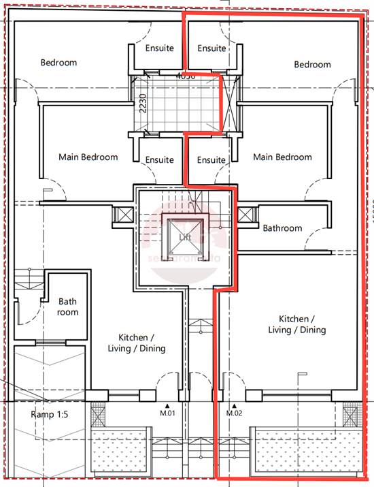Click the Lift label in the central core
(x=184, y=237)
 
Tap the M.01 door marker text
(x=168, y=413)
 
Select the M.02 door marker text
(x=235, y=413)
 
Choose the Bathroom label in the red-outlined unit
(x=282, y=228)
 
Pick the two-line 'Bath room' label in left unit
(x=68, y=307)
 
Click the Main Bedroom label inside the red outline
(x=282, y=157)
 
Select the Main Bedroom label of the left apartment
(x=88, y=157)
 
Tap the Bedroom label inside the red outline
(x=312, y=65)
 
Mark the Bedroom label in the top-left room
(x=58, y=63)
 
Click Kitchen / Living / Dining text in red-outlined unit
(x=302, y=324)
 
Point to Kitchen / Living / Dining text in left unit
(x=141, y=343)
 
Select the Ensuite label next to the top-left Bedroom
(x=159, y=48)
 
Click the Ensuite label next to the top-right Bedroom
(x=211, y=48)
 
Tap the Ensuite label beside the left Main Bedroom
(x=159, y=160)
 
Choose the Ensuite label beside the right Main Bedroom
(x=211, y=160)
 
